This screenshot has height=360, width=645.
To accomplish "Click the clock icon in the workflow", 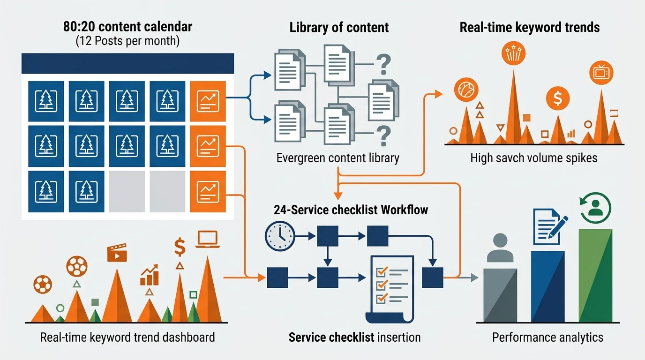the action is (x=280, y=236).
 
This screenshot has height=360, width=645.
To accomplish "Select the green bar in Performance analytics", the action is (x=595, y=275).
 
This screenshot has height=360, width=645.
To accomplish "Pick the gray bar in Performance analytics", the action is (x=500, y=295).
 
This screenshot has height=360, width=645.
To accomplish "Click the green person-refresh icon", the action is (x=595, y=208).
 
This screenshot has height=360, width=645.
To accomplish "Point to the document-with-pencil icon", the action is (x=550, y=227).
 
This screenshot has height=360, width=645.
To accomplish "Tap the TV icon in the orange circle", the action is (x=601, y=73).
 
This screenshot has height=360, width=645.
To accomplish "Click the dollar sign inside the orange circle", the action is (x=558, y=98).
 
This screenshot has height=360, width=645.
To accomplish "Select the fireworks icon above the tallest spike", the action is (x=513, y=53).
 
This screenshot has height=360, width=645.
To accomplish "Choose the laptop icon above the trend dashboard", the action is (x=207, y=240).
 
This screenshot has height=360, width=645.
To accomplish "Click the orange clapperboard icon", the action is (x=117, y=253).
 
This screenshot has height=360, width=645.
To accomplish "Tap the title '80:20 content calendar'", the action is (x=127, y=27).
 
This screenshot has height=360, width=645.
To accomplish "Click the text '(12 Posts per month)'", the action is (x=127, y=41).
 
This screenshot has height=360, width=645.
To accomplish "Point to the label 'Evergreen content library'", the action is (x=338, y=158).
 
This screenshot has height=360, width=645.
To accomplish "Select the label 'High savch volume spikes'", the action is (x=534, y=158).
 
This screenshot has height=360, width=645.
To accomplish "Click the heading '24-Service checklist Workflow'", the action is (x=351, y=210).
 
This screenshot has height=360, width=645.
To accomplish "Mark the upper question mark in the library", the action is (x=383, y=65).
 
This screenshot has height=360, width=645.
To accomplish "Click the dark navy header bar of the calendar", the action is (x=127, y=63).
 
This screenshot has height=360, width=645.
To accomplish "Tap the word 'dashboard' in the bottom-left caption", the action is (x=188, y=337).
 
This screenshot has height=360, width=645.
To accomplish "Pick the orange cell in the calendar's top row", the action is (x=208, y=101).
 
